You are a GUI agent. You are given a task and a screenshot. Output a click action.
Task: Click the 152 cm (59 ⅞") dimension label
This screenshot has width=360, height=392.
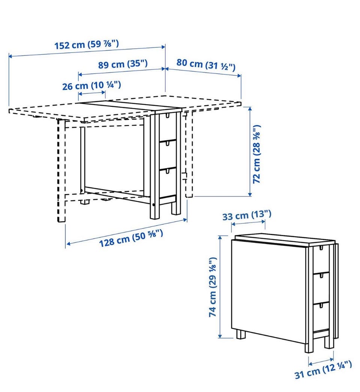[87, 45]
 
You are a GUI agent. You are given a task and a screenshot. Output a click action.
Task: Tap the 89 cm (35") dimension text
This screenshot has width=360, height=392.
[123, 64]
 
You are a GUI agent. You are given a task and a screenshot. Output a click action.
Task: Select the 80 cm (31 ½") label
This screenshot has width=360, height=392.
[206, 65]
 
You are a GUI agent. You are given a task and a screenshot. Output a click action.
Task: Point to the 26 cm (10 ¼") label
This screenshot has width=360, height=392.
[91, 85]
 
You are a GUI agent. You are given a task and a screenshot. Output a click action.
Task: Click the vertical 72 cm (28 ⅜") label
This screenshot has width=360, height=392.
[256, 154]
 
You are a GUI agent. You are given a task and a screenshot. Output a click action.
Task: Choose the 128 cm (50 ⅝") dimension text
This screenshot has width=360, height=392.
[131, 238]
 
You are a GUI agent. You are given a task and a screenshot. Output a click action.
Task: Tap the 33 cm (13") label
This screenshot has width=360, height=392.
[247, 215]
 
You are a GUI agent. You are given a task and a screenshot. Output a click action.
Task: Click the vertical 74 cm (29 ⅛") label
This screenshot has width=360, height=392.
[212, 287]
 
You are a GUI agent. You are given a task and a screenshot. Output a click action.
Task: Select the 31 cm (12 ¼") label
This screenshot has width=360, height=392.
[323, 370]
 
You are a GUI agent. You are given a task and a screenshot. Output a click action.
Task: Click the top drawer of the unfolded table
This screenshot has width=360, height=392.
[168, 127]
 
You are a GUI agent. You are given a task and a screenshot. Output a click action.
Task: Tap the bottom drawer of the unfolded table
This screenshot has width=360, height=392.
[168, 183]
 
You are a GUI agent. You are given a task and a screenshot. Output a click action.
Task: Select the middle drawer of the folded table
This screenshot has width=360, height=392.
[321, 287]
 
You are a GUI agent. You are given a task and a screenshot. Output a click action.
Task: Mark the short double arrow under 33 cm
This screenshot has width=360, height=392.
[248, 223]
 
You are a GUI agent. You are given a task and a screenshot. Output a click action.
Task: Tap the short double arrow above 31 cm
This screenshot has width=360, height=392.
[321, 362]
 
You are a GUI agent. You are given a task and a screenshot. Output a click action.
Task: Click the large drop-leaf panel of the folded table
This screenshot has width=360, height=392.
[268, 291]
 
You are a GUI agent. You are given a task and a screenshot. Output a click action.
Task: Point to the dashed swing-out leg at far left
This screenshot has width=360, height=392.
[61, 171]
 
